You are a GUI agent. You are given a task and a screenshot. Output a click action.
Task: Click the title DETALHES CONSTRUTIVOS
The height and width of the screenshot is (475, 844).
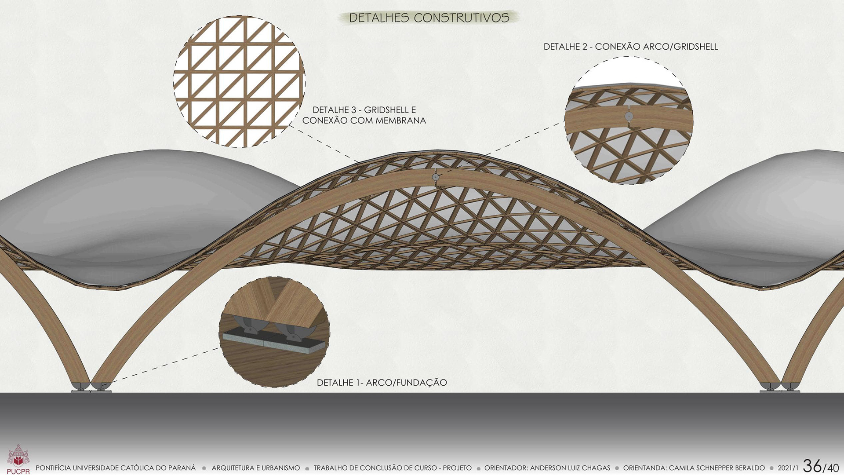[429, 18]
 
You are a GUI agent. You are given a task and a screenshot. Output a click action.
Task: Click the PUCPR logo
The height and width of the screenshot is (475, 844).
[18, 460]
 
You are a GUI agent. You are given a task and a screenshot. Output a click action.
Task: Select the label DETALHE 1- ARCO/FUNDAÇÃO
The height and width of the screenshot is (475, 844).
[382, 383]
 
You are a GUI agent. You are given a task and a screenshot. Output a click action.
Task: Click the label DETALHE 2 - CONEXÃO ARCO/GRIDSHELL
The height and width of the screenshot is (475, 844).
[630, 47]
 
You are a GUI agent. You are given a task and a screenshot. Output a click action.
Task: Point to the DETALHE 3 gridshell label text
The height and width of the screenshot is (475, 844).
[364, 115]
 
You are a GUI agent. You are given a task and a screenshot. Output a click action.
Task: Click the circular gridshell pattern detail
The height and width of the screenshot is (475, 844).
[239, 81]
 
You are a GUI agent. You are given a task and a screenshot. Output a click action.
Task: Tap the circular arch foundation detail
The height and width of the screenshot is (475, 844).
[274, 332]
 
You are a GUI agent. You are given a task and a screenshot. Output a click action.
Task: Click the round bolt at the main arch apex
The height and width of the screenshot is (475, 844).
[435, 177]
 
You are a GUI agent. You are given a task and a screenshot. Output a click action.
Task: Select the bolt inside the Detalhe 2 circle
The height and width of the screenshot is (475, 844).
[629, 116]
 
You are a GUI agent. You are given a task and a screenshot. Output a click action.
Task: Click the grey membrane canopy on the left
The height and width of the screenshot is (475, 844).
[132, 207]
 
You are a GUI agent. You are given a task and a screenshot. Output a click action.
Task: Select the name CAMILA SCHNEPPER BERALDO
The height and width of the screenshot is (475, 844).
[717, 468]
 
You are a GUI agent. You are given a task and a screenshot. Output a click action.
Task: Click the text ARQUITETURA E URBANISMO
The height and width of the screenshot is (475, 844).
[255, 468]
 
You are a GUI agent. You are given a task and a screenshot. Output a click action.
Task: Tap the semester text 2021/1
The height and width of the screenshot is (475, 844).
[788, 468]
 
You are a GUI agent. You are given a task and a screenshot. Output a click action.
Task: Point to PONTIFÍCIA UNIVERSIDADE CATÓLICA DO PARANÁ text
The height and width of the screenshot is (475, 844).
[116, 468]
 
